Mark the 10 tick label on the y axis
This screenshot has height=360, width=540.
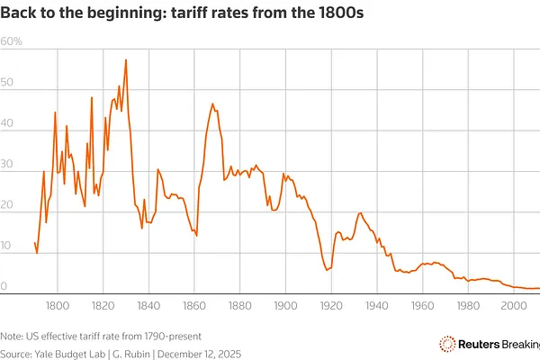point(7,247)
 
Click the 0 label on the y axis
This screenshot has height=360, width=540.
point(4,287)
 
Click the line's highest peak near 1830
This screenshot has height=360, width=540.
point(126,60)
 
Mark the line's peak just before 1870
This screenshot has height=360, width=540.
point(212,104)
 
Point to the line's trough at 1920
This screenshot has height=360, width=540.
point(328,270)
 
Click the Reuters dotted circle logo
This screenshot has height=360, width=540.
point(445,343)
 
